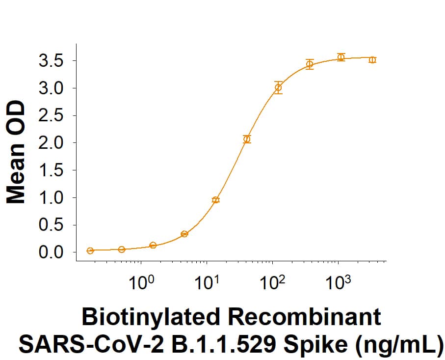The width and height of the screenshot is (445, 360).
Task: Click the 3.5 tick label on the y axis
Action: click(x=52, y=61)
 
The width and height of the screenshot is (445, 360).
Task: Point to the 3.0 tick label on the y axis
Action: click(x=52, y=88)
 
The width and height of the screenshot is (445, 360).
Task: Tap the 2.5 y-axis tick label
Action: click(x=52, y=116)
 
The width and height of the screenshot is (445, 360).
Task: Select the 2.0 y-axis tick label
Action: click(x=52, y=143)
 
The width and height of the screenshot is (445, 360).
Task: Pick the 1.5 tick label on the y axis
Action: click(x=52, y=170)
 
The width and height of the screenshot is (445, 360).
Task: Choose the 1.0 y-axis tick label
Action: click(x=52, y=198)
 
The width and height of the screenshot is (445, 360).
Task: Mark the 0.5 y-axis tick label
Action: click(x=52, y=225)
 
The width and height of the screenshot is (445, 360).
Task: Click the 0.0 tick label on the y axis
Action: click(x=52, y=252)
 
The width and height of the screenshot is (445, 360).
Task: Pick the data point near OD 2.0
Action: click(x=247, y=139)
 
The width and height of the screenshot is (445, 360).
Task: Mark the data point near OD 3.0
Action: click(x=278, y=88)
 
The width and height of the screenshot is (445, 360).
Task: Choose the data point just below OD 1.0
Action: click(x=215, y=199)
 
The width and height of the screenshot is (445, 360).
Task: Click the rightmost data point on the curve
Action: click(x=372, y=60)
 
